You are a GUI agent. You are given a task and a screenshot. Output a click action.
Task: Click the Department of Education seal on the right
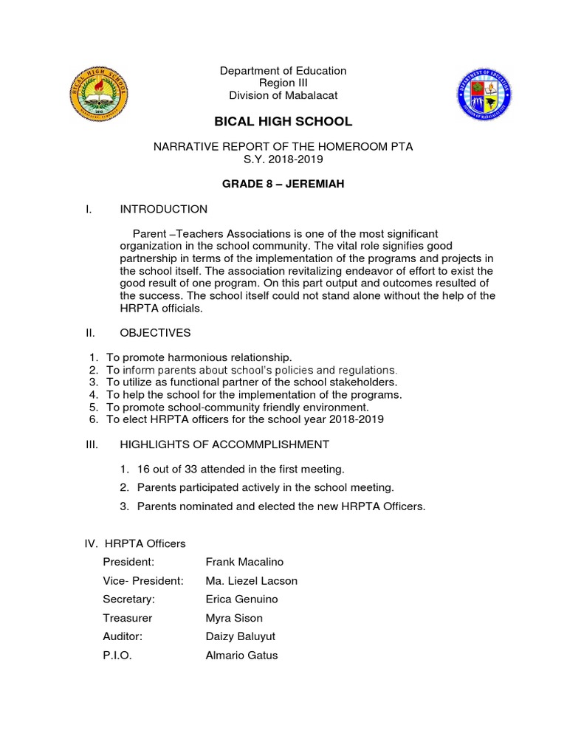pos(485,93)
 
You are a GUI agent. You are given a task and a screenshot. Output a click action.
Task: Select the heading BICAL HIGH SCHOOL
pos(283,121)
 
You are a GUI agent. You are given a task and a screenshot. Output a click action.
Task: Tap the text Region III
pos(283,83)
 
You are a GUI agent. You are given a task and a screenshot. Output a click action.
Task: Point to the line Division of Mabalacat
pos(283,94)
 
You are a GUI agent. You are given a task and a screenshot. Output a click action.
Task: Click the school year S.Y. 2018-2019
pos(283,159)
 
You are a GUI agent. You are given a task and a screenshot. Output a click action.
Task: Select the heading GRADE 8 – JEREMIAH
pos(283,184)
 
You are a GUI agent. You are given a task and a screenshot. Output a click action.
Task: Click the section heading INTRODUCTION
pos(163,209)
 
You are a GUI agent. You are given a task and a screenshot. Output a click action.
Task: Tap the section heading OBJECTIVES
pos(155,333)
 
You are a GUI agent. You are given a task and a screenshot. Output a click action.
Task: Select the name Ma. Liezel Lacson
pos(251,580)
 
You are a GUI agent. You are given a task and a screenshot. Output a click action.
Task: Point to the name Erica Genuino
pos(241,599)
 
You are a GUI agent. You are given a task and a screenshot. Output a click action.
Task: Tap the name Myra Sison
pos(233,618)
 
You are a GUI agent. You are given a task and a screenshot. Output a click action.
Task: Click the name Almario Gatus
pos(241,655)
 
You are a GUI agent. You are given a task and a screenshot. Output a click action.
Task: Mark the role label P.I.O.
pos(117,655)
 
